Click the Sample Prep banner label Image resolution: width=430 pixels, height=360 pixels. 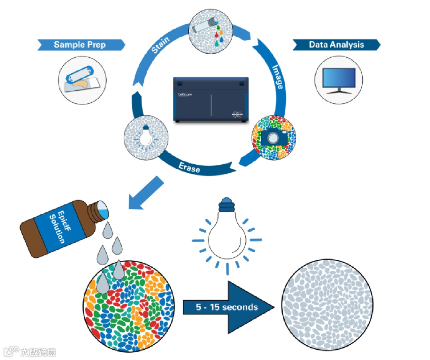(80, 44)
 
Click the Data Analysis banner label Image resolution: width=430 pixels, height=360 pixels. (336, 45)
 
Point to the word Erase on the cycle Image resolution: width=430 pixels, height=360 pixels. (190, 167)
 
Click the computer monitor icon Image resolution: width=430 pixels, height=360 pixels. (338, 81)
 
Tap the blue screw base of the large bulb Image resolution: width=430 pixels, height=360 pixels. (227, 204)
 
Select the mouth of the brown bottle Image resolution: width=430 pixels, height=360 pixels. (102, 210)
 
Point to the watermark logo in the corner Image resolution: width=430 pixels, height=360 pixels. (30, 352)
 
